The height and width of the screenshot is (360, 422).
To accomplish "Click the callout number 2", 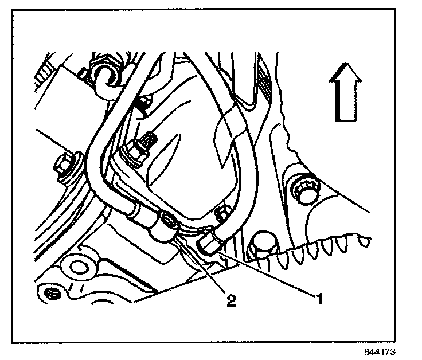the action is point(230,301).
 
